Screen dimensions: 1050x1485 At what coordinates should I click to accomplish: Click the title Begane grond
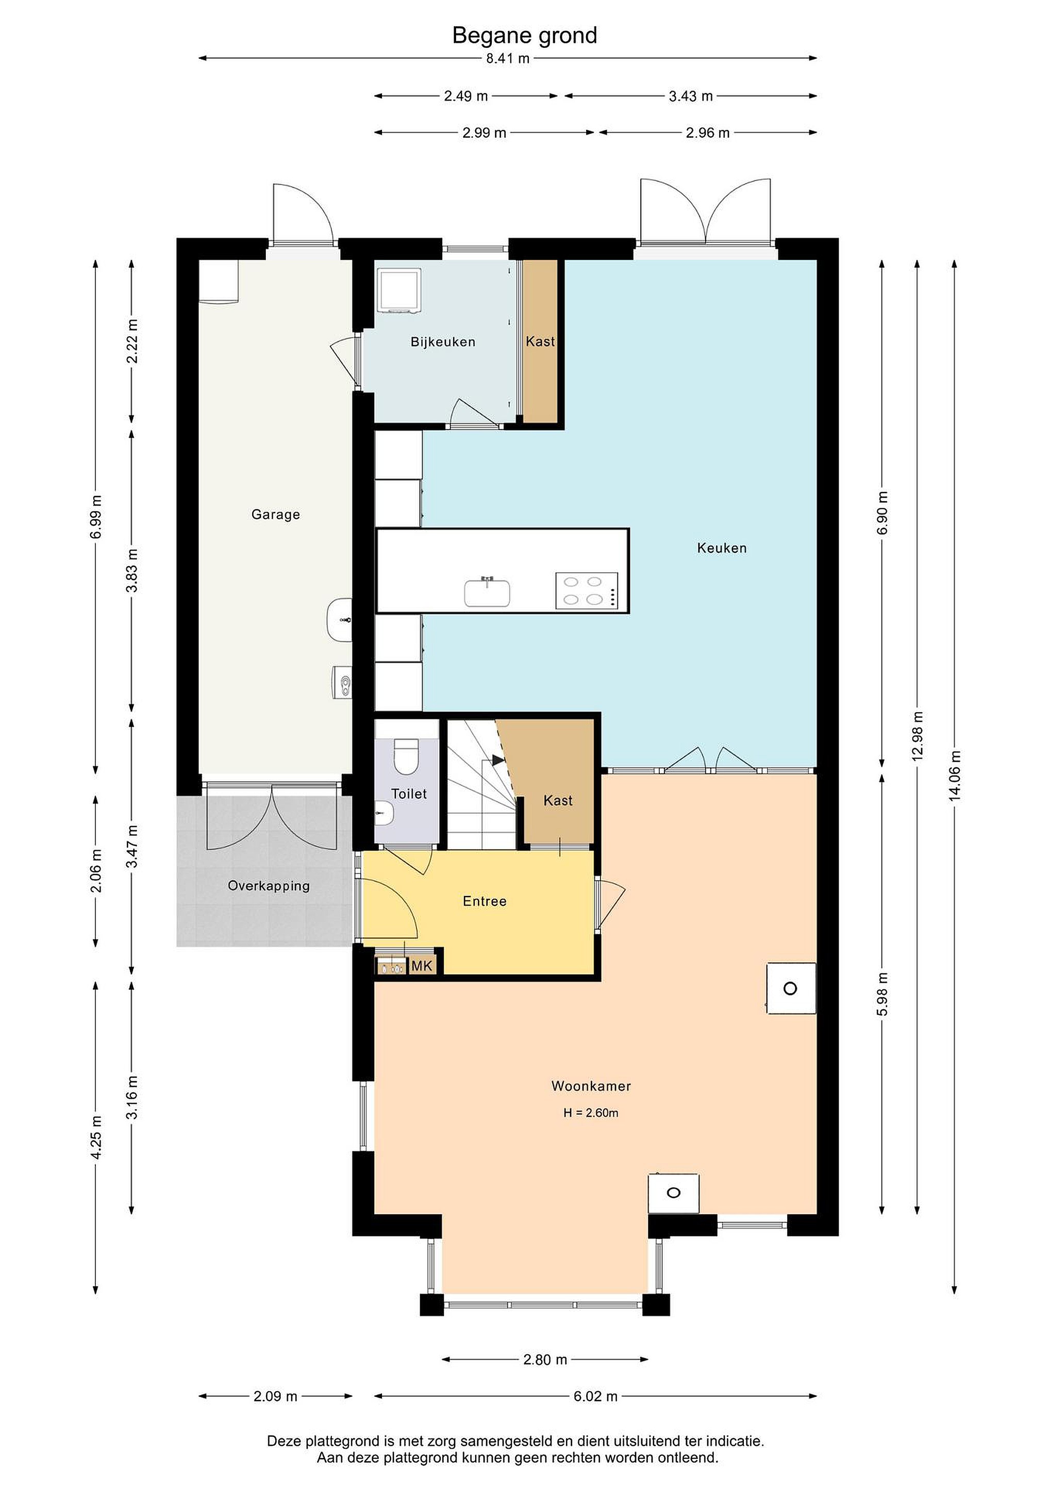524,36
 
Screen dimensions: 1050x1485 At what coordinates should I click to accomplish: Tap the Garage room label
275,515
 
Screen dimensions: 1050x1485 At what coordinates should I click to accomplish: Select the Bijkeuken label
443,342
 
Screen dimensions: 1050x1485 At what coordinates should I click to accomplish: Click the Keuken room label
722,549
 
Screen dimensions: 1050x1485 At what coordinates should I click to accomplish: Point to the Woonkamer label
591,1086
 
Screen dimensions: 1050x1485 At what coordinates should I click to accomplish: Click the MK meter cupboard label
422,966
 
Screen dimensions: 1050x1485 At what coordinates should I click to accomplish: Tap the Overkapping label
269,885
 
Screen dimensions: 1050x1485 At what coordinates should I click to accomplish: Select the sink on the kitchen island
487,592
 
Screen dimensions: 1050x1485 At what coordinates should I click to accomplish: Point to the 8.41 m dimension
508,58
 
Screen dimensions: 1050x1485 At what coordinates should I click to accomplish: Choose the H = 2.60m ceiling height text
591,1113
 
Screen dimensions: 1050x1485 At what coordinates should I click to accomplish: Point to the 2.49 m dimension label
465,96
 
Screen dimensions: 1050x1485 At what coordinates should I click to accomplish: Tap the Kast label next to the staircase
558,801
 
